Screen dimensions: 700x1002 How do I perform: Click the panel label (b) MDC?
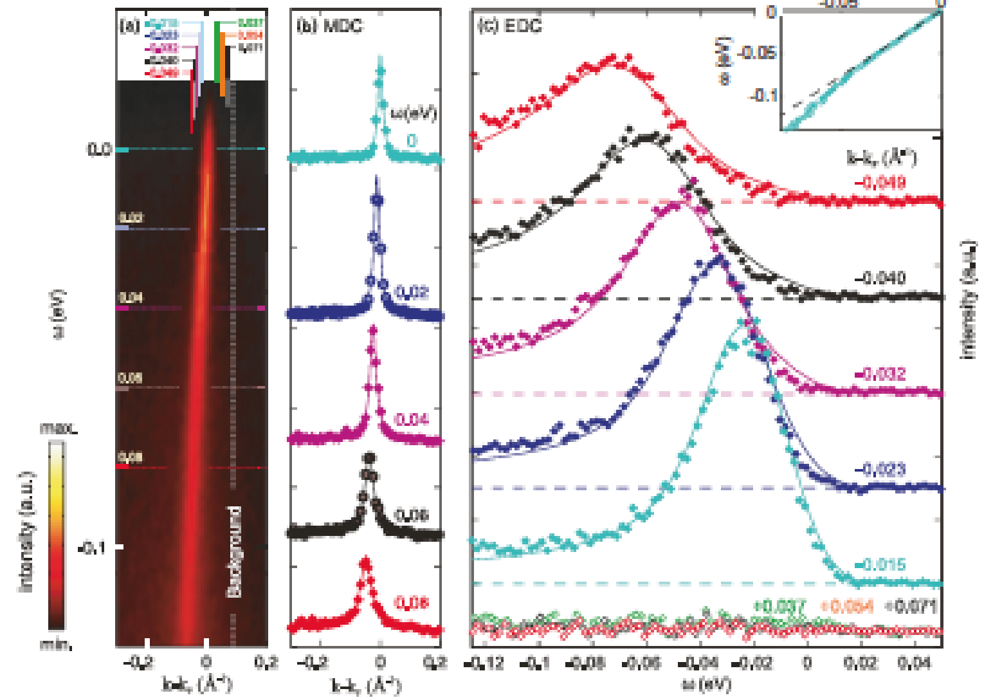329,26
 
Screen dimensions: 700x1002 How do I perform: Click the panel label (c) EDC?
509,26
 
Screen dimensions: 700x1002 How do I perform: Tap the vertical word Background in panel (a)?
235,551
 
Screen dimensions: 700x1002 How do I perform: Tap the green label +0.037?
779,606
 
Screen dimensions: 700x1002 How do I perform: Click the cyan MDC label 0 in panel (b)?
412,140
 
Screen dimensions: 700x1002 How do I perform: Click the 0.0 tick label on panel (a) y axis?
99,149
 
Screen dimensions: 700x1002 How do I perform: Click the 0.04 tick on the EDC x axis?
915,663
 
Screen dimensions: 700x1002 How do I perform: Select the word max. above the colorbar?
59,428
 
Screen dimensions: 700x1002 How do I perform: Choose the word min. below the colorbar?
56,643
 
